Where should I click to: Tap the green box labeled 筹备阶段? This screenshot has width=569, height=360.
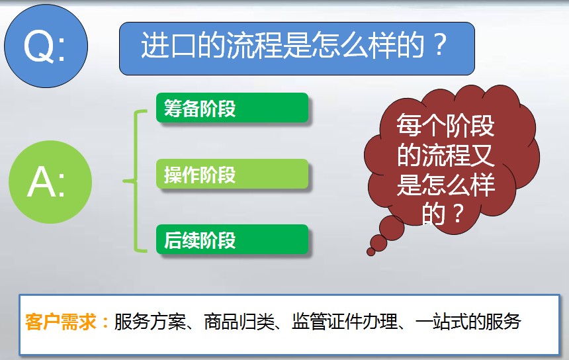pos(232,108)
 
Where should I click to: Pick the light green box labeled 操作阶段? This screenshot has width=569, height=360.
pos(232,175)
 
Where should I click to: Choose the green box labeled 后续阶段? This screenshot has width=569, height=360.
pos(232,240)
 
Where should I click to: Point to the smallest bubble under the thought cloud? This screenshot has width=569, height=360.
pos(371,251)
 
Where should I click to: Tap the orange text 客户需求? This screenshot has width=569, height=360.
pos(62,322)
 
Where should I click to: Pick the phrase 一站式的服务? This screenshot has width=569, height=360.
pos(468,322)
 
